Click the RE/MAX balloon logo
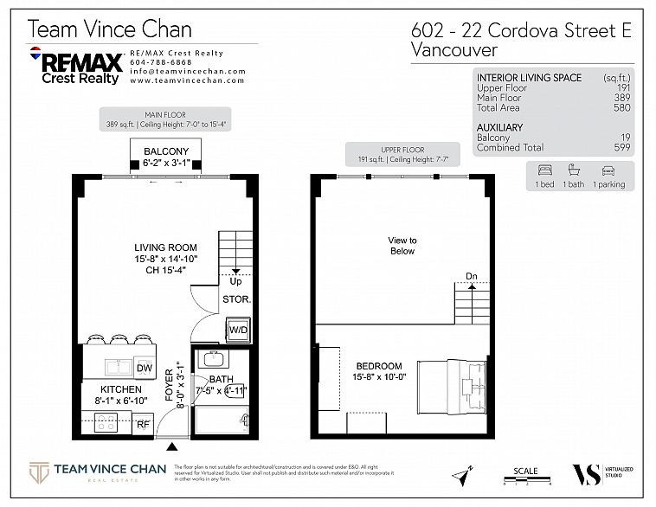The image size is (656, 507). [x=36, y=56]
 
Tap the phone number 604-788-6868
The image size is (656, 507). [x=161, y=62]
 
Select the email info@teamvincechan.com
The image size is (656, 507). [x=187, y=71]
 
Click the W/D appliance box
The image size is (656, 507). [x=237, y=329]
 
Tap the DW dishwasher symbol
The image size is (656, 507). [x=144, y=369]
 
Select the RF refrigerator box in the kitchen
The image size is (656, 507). [x=144, y=424]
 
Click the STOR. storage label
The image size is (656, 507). [x=237, y=299]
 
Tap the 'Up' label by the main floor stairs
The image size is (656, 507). [x=235, y=281]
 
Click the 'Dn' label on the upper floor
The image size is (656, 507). [x=473, y=277]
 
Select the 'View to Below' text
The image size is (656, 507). [x=402, y=246]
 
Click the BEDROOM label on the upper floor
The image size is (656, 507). [x=378, y=366]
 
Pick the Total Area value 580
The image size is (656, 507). [x=621, y=107]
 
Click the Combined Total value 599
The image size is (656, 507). [x=621, y=148]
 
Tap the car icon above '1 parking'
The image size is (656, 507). [x=607, y=170]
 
